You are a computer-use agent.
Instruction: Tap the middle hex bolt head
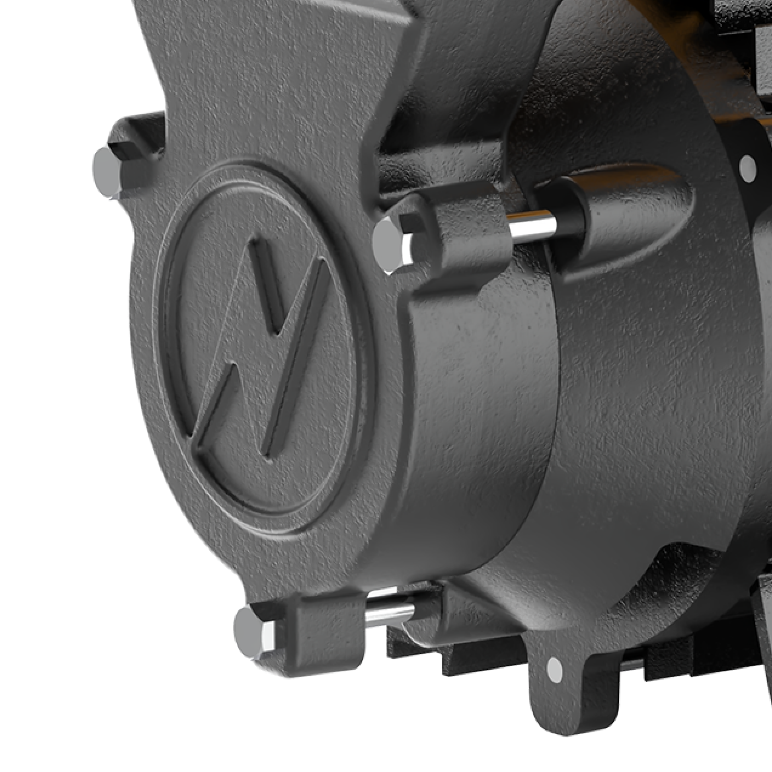(x=386, y=245)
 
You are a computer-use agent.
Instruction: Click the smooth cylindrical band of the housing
(x=480, y=419)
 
